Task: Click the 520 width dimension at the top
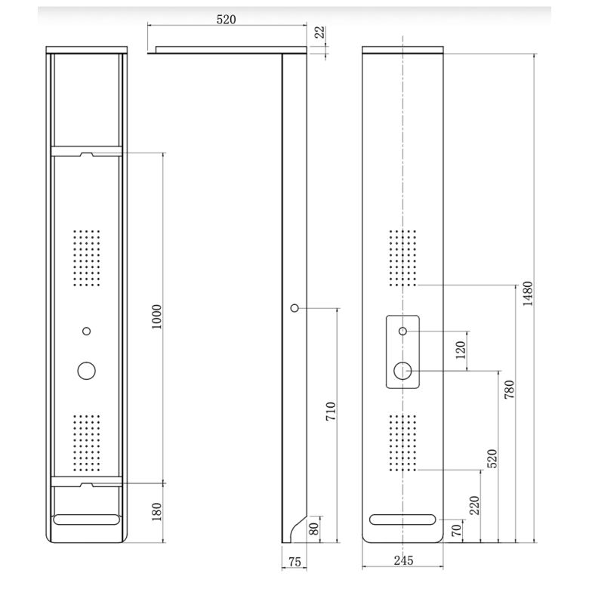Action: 227,20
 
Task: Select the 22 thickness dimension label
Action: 319,32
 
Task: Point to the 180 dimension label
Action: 157,512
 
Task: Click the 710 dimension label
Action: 331,412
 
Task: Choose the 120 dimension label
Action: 461,350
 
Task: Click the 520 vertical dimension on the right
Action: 492,459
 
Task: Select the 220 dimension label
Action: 474,506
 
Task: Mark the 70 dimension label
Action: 456,530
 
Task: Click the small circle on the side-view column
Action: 294,308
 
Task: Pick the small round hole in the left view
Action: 87,331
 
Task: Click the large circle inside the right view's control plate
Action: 403,370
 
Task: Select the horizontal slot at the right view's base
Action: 403,519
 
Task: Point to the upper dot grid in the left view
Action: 87,258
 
